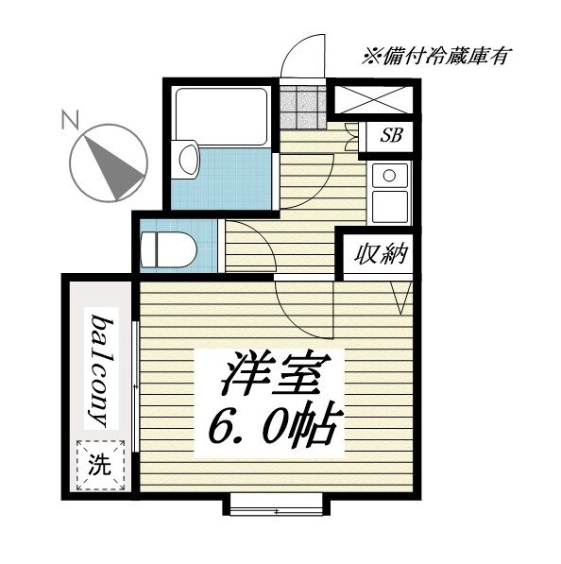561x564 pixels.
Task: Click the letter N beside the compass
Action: (x=67, y=120)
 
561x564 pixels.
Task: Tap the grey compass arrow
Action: (x=110, y=162)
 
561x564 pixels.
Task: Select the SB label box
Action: (x=391, y=135)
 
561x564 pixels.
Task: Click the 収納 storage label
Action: (x=381, y=254)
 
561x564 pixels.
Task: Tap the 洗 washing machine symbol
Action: (x=99, y=465)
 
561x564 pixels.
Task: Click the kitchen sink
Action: (x=388, y=176)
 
